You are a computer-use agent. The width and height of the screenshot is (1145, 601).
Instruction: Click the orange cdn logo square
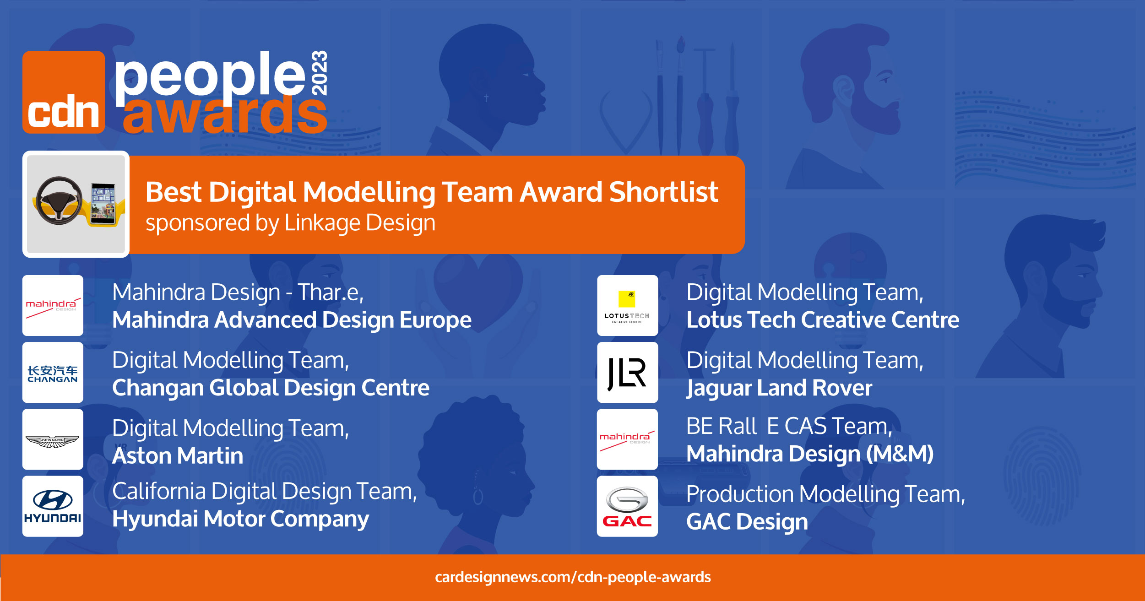[x=64, y=92]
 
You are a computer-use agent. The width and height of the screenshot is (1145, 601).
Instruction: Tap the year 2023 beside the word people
[x=319, y=73]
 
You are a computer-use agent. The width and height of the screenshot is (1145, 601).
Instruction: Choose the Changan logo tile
[x=53, y=373]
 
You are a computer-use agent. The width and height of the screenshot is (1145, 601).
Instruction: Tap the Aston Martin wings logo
[x=53, y=441]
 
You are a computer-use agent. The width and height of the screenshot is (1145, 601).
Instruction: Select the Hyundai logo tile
[x=53, y=506]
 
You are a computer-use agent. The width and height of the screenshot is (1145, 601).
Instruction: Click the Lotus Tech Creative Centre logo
[x=627, y=305]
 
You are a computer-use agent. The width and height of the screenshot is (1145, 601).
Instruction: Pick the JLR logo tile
[x=627, y=373]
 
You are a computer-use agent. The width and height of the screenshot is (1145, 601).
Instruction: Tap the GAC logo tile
[x=627, y=506]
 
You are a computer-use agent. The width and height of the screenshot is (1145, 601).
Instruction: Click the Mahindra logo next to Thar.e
[x=53, y=305]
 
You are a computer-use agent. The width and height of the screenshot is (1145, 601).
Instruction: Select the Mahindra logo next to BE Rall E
[x=627, y=439]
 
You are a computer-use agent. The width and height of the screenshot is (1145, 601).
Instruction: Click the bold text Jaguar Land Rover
[x=779, y=388]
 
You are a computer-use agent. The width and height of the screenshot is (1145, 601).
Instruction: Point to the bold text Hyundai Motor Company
[x=241, y=519]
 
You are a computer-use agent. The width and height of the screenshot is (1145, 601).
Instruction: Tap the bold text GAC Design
[x=747, y=522]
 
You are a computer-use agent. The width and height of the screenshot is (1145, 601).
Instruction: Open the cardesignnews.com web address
[x=573, y=577]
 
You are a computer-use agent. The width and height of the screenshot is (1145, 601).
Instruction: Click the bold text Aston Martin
[x=178, y=456]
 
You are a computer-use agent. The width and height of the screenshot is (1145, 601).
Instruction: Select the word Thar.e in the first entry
[x=331, y=292]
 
